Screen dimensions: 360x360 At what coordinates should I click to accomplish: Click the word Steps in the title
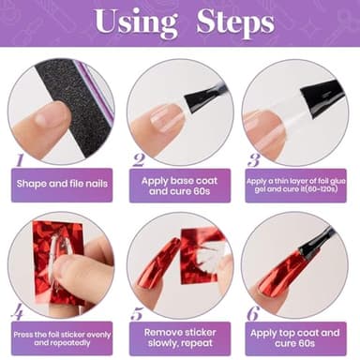(x=234, y=22)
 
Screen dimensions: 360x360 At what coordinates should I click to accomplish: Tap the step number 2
(x=138, y=160)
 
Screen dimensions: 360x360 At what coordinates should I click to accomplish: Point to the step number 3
(x=254, y=160)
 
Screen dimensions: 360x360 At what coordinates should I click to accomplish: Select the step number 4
(x=18, y=311)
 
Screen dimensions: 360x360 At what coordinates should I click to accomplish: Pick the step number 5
(x=138, y=313)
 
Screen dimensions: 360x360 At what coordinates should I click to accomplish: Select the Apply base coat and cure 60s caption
(x=180, y=185)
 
